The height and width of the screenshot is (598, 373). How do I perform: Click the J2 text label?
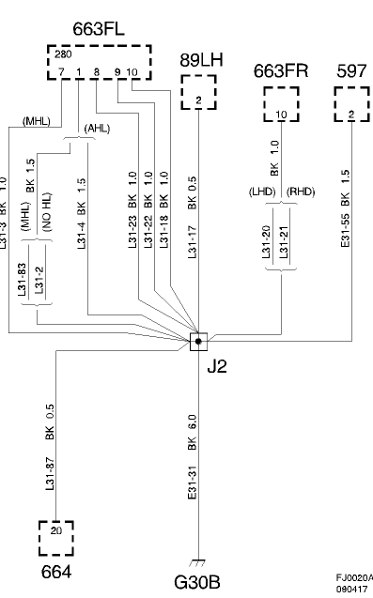(216, 366)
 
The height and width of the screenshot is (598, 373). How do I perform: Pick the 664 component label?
(55, 571)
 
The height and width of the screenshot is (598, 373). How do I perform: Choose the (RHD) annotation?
(301, 192)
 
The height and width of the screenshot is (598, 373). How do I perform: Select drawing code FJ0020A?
(353, 577)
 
